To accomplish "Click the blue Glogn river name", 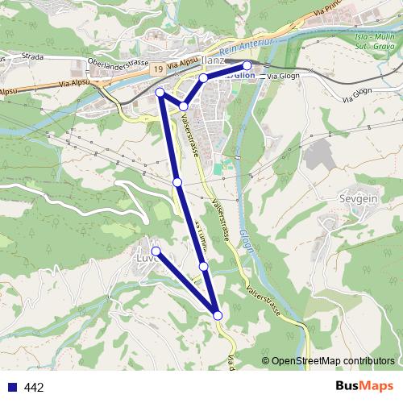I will click(247, 239).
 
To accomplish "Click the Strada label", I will click(33, 57).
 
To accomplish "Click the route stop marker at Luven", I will click(156, 252).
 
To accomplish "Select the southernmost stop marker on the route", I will click(218, 315).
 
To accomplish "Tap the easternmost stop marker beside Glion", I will click(247, 65).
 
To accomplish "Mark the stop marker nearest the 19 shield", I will click(160, 93).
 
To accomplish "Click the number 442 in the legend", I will click(34, 388).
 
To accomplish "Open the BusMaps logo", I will click(364, 386).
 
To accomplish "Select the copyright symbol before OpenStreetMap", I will click(265, 361).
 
